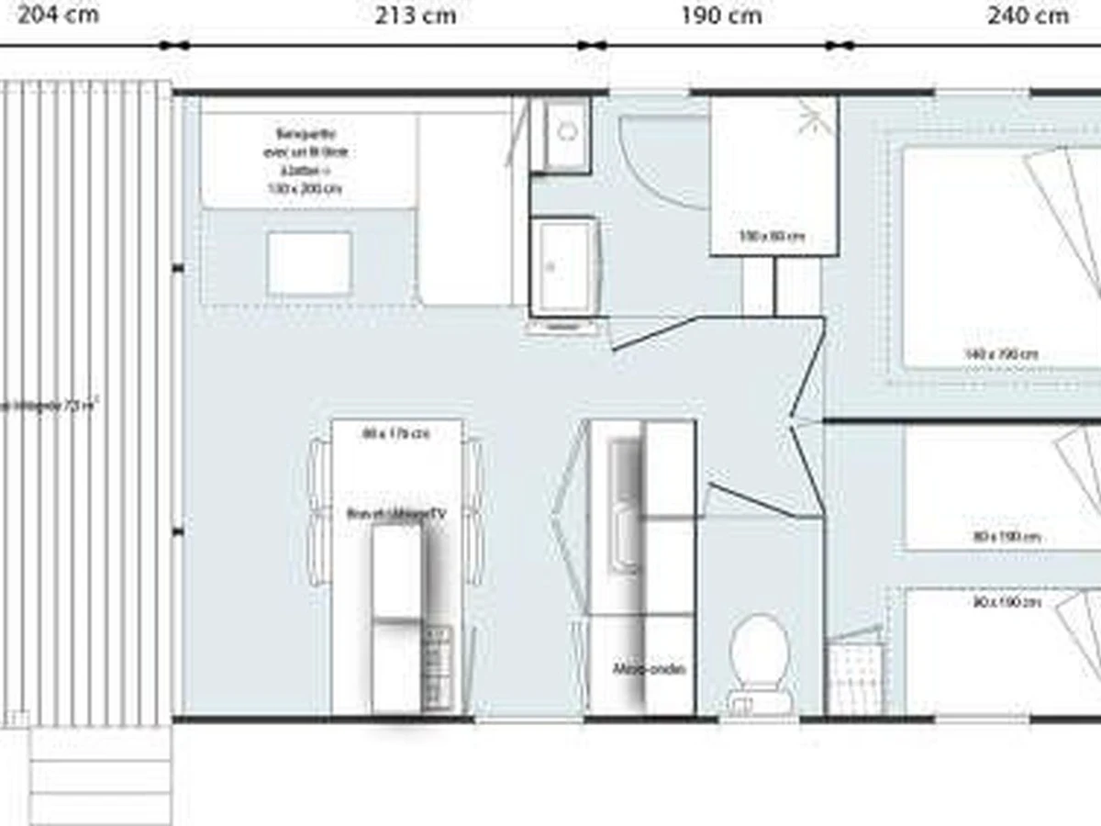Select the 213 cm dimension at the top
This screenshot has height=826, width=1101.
point(415,16)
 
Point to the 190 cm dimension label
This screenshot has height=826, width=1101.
point(721,16)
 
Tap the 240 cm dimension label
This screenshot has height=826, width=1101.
point(1028,16)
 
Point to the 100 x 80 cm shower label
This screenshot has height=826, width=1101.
point(773,237)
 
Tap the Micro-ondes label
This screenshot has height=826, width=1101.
point(649,669)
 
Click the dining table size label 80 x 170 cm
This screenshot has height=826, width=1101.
point(396,433)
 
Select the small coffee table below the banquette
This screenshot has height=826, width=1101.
point(309,263)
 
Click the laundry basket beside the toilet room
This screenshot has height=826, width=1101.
point(855,675)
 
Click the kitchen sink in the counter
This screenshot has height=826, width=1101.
point(625,505)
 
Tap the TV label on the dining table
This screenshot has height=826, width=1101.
point(396,515)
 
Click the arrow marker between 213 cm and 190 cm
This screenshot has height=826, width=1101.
point(592,45)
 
